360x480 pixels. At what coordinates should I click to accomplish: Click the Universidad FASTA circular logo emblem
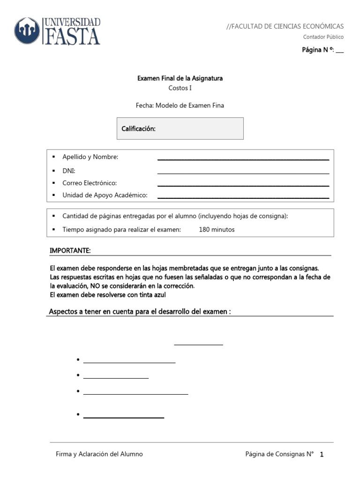click(28, 31)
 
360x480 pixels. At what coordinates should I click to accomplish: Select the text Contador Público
click(323, 37)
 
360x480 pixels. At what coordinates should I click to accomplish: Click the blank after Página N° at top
click(340, 51)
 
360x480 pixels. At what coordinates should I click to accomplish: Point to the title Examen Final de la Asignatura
click(180, 78)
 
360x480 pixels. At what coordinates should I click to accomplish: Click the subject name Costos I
click(180, 88)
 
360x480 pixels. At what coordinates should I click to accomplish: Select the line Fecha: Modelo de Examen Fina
click(180, 105)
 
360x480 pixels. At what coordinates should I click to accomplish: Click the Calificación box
click(180, 128)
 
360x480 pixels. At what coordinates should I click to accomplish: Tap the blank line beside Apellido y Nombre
click(243, 159)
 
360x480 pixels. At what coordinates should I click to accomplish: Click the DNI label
click(69, 171)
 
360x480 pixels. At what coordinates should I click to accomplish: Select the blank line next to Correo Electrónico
click(243, 185)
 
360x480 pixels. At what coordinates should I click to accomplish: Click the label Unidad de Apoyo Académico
click(105, 195)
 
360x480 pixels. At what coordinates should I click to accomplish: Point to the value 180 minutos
click(217, 230)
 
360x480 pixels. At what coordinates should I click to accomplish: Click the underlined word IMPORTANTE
click(70, 251)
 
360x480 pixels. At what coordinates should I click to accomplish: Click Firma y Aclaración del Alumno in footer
click(99, 454)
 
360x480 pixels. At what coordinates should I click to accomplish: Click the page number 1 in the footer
click(322, 455)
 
